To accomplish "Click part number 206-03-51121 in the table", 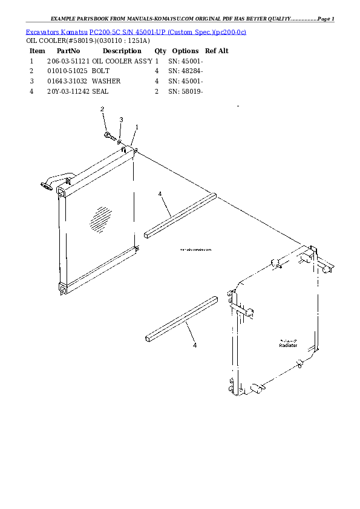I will coord(68,62).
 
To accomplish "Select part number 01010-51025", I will coord(68,71).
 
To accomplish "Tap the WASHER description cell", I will coord(106,81).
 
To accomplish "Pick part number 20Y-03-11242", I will coord(68,91).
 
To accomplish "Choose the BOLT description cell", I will coord(100,71).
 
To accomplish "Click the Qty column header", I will coord(160,51).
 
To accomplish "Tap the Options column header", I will coord(185,51).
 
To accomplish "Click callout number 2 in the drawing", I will coord(102,109).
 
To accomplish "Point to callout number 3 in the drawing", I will coord(121,120).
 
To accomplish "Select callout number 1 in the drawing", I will coord(137,127).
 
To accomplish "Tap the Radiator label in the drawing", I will coord(288,345).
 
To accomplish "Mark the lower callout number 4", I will coord(194,345).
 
